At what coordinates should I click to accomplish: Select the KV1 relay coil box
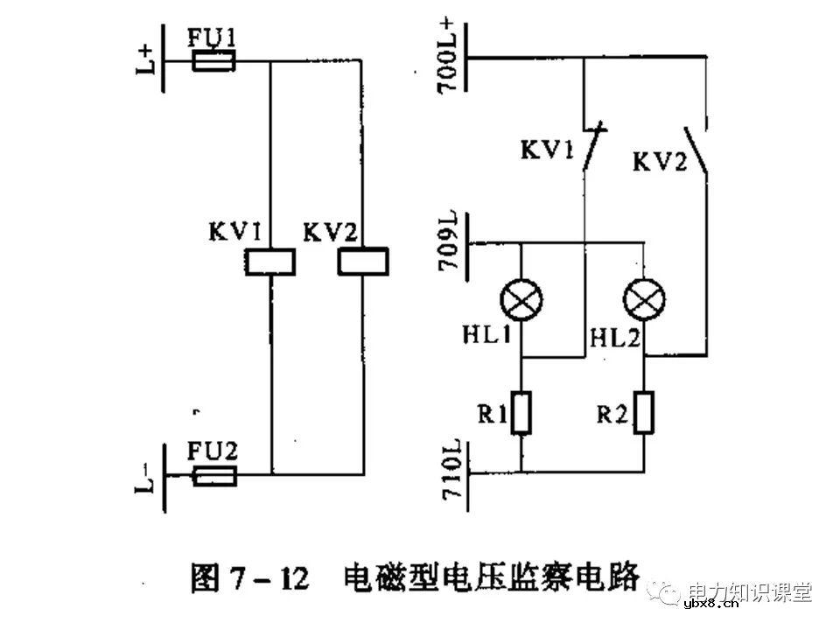269,262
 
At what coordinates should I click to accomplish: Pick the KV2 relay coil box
362,261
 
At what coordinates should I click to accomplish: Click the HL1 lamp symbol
521,304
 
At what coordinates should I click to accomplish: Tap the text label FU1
212,36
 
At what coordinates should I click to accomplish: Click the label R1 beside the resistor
491,412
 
